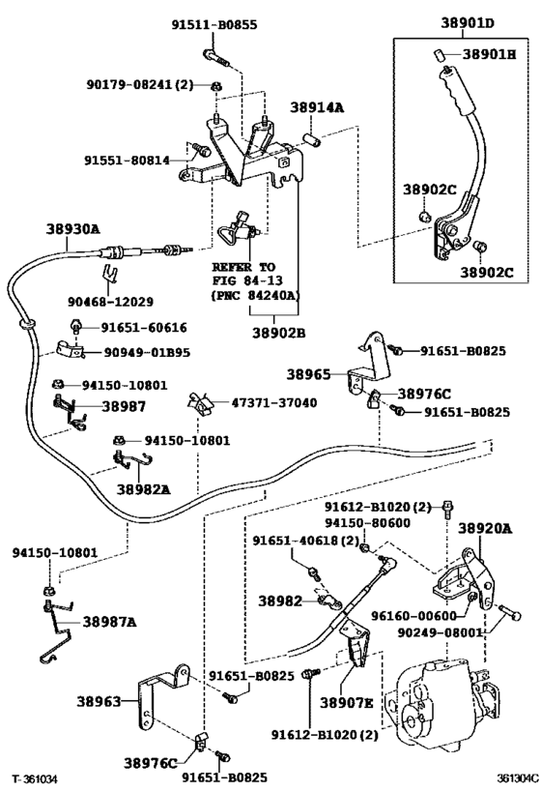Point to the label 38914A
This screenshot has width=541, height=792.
click(x=319, y=109)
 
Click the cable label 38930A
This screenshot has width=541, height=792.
click(x=72, y=229)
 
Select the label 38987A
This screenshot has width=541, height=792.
click(x=109, y=622)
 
